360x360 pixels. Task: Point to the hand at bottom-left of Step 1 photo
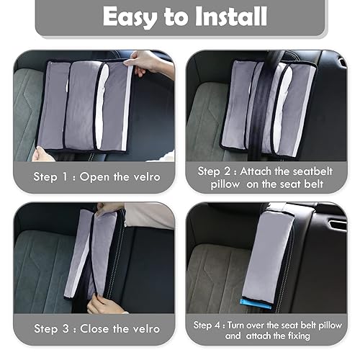42,153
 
